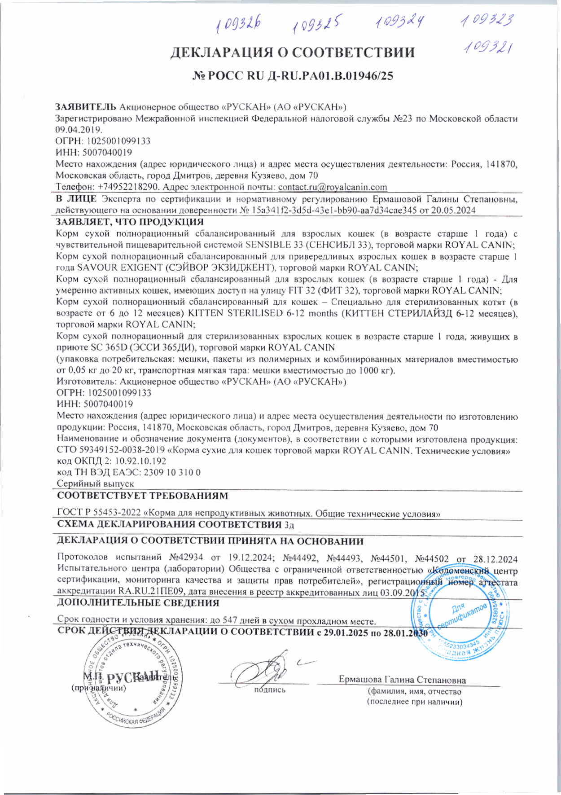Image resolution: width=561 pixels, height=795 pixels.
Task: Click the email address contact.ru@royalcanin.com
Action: pos(333,187)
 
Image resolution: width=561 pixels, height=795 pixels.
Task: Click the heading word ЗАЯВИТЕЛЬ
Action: pos(86,107)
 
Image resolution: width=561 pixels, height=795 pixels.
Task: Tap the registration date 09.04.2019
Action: pos(79,130)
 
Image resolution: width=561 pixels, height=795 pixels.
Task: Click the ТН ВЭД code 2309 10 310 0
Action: pos(172,472)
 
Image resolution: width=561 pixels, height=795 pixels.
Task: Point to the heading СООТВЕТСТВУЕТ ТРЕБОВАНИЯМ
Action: pos(142,496)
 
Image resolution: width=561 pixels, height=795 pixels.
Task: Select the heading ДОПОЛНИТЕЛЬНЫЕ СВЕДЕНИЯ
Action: pos(138,603)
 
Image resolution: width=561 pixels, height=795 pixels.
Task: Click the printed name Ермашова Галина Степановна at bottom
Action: pos(402,680)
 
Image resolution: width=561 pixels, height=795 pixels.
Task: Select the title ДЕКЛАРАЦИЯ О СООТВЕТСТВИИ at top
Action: pos(292,53)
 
